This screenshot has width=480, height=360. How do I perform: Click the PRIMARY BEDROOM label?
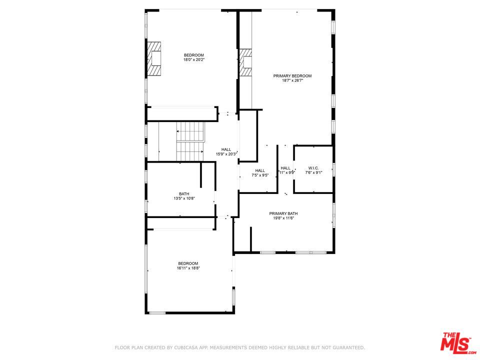[292, 76]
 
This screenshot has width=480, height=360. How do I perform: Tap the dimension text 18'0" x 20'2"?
[194, 60]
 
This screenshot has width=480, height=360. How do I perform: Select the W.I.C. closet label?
[313, 168]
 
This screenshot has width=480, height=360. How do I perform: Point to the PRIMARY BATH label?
[283, 213]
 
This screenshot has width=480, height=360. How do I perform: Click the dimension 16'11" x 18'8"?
[188, 268]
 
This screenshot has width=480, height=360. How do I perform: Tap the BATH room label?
[184, 194]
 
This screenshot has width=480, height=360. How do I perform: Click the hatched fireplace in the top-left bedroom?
[154, 59]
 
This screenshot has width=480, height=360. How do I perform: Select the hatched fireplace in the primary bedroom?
[245, 63]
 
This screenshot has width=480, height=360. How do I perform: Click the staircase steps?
[190, 141]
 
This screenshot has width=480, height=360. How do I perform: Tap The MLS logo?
[455, 342]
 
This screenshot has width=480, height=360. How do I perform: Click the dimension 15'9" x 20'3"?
[226, 154]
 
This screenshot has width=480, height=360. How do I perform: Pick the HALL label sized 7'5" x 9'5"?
[260, 170]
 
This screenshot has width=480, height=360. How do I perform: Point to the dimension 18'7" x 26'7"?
[292, 81]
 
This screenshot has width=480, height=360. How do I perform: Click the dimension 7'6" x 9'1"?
[313, 172]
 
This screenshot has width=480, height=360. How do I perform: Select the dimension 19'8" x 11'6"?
[283, 218]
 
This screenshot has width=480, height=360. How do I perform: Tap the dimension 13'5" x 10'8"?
[184, 199]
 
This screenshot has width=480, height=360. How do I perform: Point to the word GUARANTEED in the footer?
[346, 347]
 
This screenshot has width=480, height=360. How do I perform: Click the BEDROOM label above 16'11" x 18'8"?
[188, 263]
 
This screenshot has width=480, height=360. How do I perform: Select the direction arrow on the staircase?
[178, 131]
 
